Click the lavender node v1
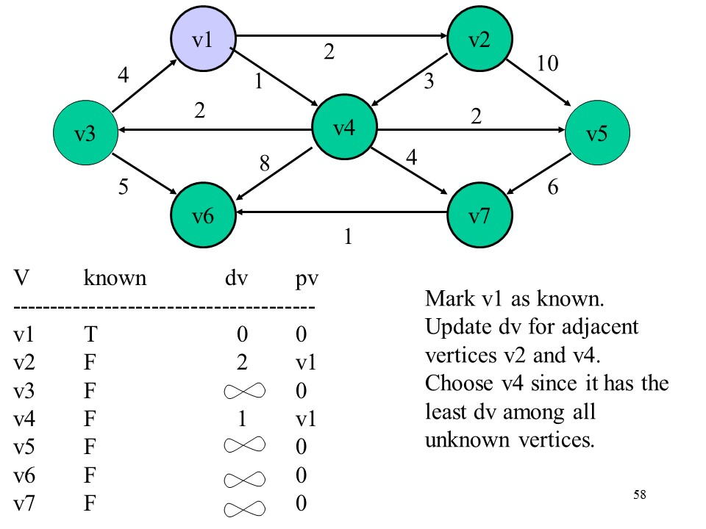pos(203,40)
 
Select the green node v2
pos(479,40)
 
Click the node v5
pos(596,133)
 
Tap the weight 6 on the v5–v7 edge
pos(553,188)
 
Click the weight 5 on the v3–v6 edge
pos(124,188)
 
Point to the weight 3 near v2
pos(429,83)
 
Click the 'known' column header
pos(115,278)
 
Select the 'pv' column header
pos(304,278)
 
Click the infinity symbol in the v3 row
pos(241,390)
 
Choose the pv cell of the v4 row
pos(305,418)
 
